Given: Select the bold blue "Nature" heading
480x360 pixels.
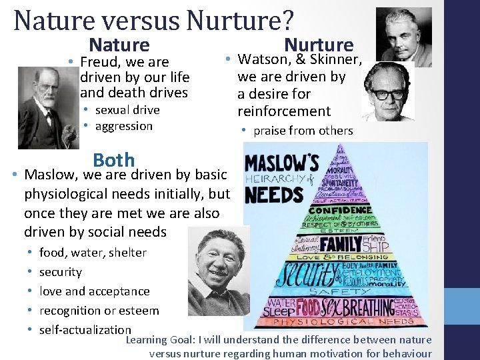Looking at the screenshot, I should pyautogui.click(x=119, y=45).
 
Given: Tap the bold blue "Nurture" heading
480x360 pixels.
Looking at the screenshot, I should pyautogui.click(x=319, y=45).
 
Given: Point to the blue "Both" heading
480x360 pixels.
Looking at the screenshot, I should pyautogui.click(x=114, y=161).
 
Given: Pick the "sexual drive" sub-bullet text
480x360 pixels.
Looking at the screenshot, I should pyautogui.click(x=127, y=110).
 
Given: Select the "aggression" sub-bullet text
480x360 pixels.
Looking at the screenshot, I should pyautogui.click(x=124, y=126).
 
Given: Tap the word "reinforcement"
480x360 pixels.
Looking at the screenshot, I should pyautogui.click(x=284, y=111).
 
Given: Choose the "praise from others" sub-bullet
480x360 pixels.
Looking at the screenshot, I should pyautogui.click(x=303, y=131).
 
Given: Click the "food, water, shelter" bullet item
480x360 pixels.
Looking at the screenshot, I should pyautogui.click(x=93, y=253).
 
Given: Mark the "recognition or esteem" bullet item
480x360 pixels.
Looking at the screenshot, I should pyautogui.click(x=99, y=311).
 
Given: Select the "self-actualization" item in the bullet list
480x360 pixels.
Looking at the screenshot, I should pyautogui.click(x=85, y=329).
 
